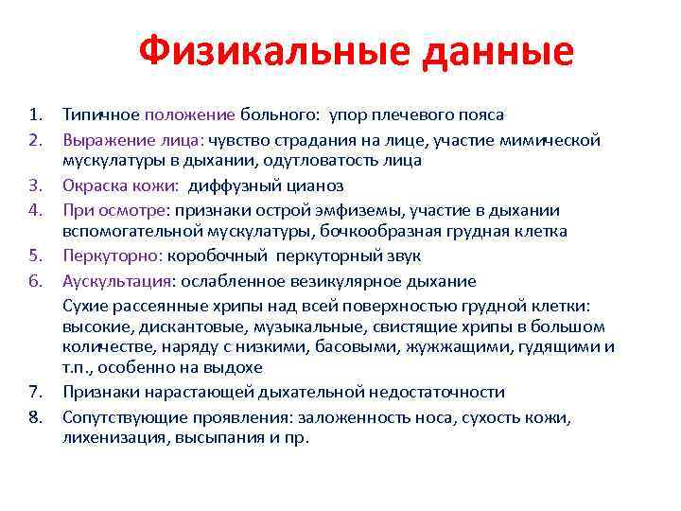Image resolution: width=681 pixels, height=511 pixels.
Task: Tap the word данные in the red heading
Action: coord(497,52)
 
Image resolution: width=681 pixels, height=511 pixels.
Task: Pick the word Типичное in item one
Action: coord(101,115)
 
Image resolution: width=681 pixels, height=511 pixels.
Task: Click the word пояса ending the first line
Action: coord(480,115)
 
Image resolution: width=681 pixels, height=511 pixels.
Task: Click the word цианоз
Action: coord(312,185)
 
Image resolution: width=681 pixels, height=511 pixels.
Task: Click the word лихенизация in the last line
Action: coord(105,437)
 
